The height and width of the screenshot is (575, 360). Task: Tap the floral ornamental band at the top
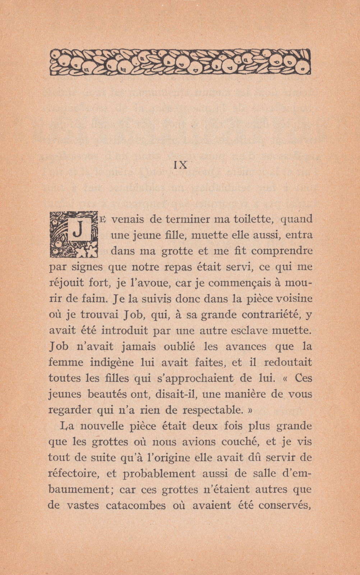click(180, 62)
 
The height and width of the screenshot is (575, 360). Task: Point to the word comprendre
click(282, 250)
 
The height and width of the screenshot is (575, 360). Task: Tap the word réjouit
click(65, 283)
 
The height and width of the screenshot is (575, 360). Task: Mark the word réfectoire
click(74, 474)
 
